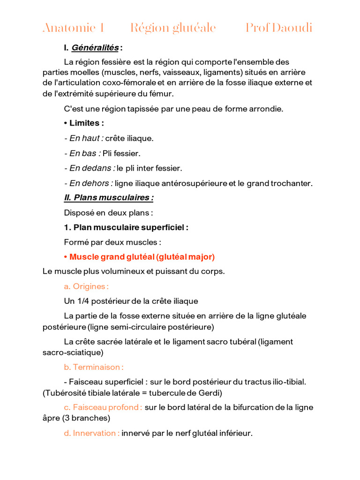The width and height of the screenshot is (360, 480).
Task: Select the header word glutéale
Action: coord(194,28)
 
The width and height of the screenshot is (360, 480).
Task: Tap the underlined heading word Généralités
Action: coord(95,47)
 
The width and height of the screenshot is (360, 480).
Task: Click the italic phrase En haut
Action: coord(84,138)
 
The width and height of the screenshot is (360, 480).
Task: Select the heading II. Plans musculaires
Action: coord(109,198)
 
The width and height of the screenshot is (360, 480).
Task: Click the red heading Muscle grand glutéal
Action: coord(112,257)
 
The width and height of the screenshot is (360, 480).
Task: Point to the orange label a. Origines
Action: coord(86,286)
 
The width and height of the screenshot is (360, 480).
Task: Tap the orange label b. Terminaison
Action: coord(94,367)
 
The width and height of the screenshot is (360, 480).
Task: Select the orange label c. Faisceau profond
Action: coord(103,407)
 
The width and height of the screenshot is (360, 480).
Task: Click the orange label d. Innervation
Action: coord(91,434)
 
